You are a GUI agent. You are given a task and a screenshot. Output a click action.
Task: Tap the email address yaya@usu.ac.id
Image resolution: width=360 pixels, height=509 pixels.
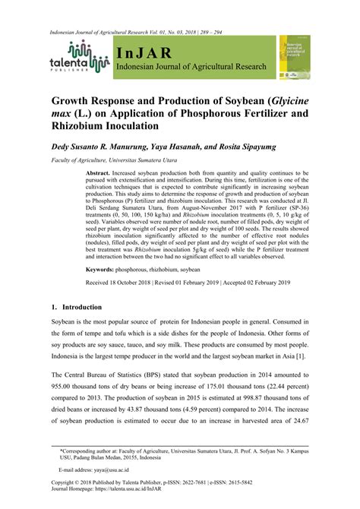[x=100, y=470]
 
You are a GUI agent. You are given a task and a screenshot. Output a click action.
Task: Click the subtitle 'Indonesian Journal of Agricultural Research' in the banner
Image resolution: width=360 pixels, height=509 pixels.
[x=191, y=68]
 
